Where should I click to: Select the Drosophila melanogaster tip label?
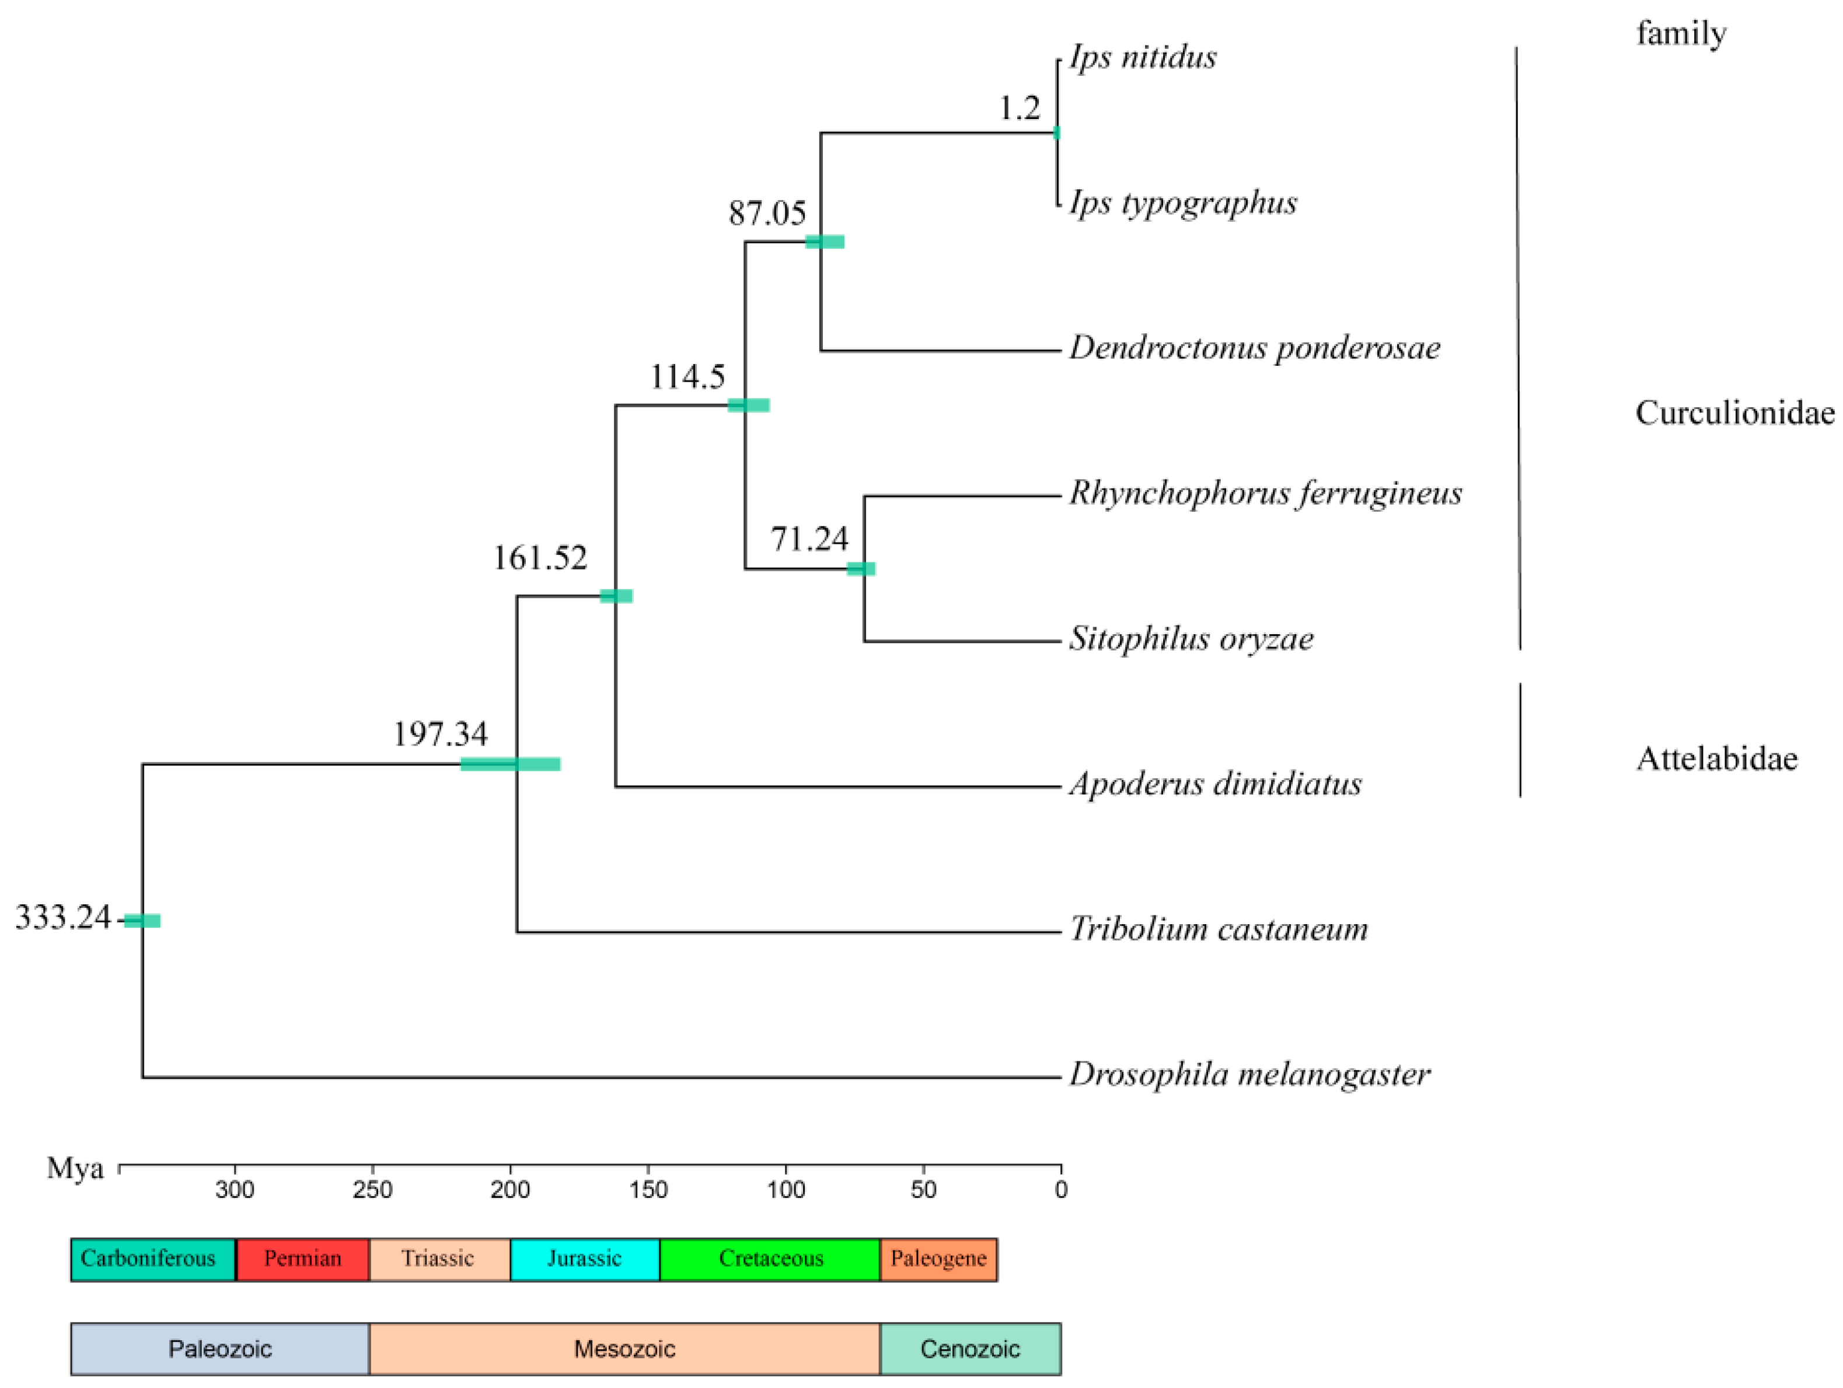coord(1250,1074)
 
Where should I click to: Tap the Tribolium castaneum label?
coord(1218,928)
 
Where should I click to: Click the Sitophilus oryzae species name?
coord(1192,638)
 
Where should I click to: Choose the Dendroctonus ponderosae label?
coord(1255,347)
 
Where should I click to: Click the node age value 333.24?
coord(64,917)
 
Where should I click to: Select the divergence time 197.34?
coord(440,734)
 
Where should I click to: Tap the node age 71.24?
coord(809,539)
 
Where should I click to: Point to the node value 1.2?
coord(1020,107)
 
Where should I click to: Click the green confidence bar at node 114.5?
coord(748,405)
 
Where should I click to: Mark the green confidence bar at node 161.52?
coord(616,596)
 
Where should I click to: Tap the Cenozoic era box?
coord(970,1349)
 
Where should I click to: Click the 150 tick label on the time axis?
coord(648,1190)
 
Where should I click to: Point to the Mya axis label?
coord(75,1168)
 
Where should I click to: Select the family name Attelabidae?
coord(1716,758)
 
